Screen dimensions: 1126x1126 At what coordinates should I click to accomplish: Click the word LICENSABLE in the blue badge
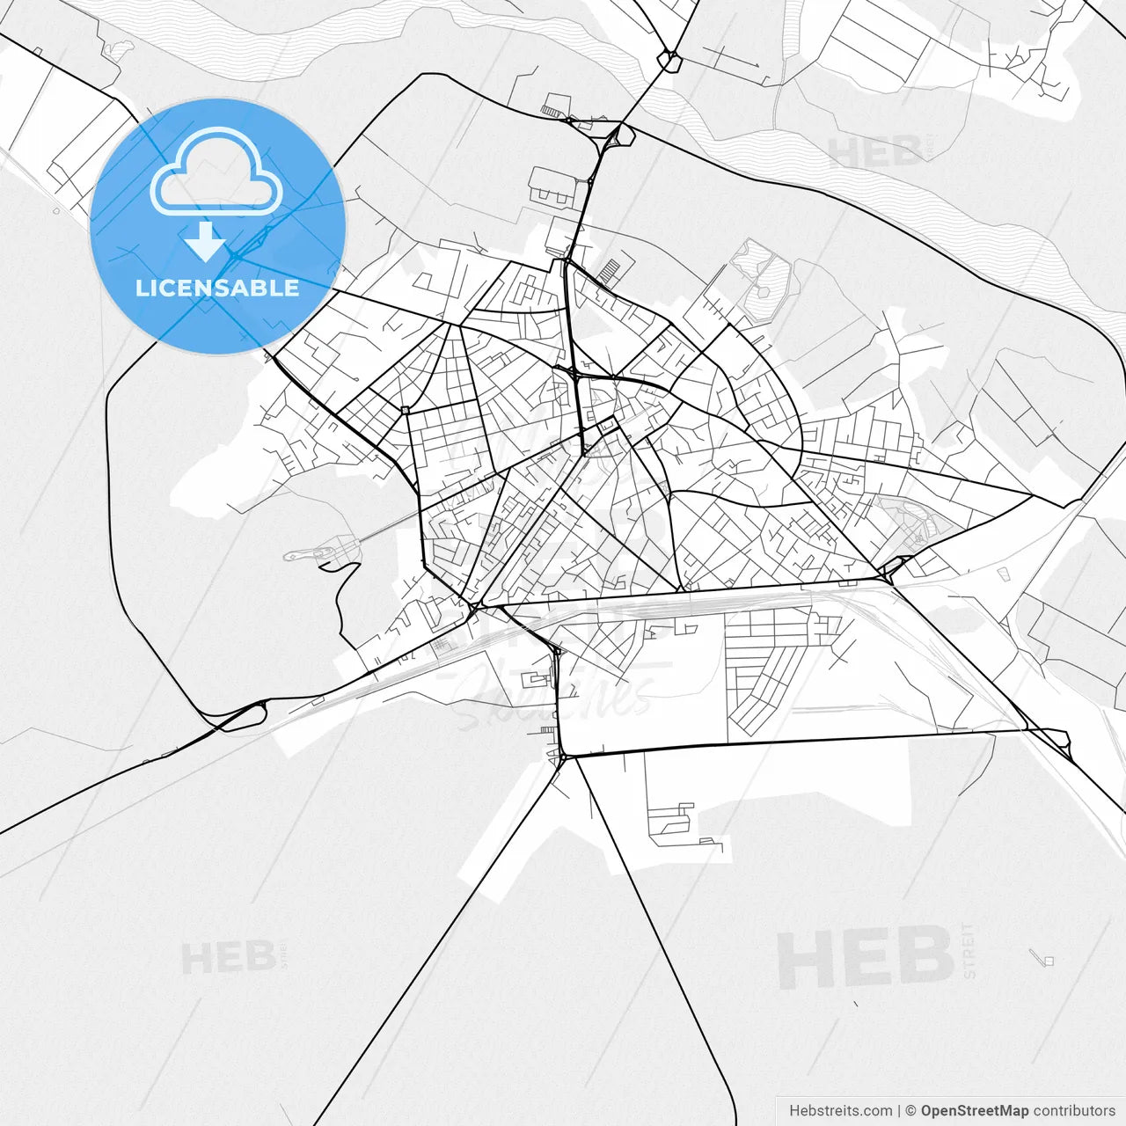(x=217, y=288)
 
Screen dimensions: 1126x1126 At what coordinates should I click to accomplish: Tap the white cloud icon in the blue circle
(x=216, y=172)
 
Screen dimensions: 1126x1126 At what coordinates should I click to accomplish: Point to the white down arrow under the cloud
(x=206, y=241)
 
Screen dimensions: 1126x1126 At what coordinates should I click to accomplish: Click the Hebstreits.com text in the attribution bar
(x=840, y=1111)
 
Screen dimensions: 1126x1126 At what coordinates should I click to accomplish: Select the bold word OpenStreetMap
(x=975, y=1111)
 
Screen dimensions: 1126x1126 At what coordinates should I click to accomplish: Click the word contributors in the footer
(x=1074, y=1111)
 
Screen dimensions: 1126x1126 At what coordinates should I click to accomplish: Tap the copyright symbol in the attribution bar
(x=911, y=1111)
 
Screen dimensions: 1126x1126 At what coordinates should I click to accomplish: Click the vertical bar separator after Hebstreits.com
(x=898, y=1111)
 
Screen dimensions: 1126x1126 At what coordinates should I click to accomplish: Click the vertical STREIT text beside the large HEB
(x=969, y=951)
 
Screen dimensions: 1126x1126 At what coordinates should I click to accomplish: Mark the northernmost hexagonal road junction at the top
(x=671, y=61)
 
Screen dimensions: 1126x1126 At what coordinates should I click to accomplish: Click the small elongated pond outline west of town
(x=303, y=555)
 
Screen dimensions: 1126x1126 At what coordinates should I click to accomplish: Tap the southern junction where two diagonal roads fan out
(x=563, y=757)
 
